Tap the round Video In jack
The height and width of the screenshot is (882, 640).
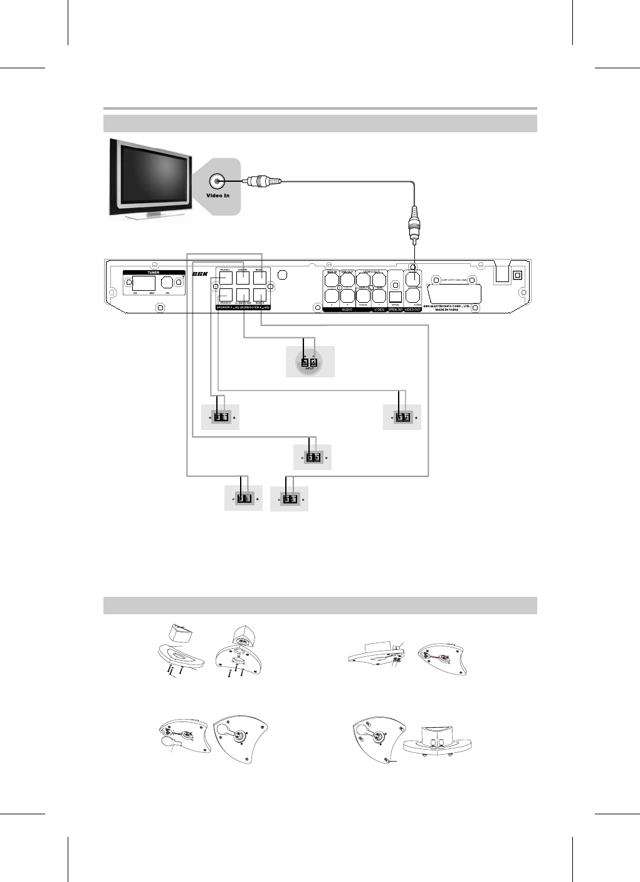[217, 182]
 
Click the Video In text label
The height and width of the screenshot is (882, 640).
[218, 196]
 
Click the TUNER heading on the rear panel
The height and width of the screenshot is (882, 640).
[153, 273]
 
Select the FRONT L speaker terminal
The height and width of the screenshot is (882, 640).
[226, 278]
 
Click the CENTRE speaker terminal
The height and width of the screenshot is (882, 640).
[243, 278]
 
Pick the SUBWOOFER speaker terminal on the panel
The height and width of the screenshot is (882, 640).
[243, 295]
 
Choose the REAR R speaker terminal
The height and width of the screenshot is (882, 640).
[260, 295]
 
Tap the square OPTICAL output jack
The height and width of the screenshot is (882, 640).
[396, 297]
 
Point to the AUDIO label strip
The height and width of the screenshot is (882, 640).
[347, 310]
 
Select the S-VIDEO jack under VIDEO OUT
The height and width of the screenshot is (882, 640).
[414, 295]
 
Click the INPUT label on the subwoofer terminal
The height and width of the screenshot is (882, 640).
[309, 369]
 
